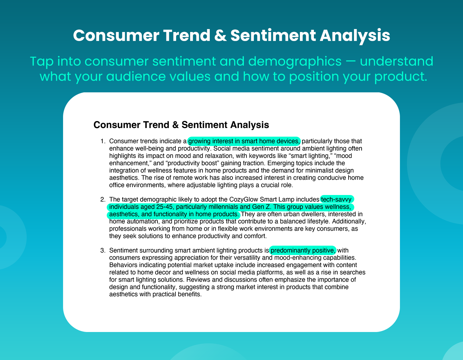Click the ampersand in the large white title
[220, 35]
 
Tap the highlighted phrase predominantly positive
[303, 250]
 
